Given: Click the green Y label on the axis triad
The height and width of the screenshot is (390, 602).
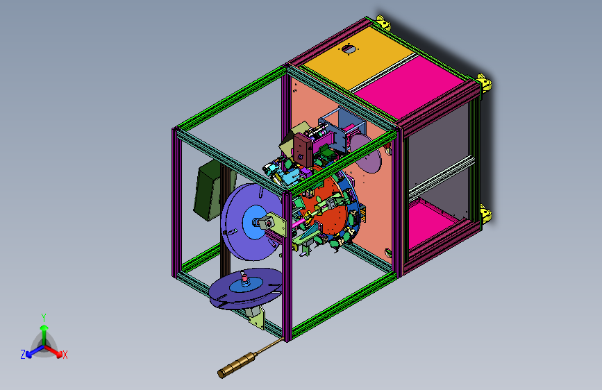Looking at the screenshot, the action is click(x=44, y=318).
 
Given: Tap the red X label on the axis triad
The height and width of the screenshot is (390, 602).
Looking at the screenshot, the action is click(x=65, y=355).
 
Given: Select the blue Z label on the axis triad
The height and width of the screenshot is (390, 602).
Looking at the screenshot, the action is click(x=23, y=355).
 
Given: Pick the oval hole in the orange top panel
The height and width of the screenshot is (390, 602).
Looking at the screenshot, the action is click(x=349, y=49).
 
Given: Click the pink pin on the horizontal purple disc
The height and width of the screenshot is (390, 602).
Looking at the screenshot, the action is click(x=244, y=277).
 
